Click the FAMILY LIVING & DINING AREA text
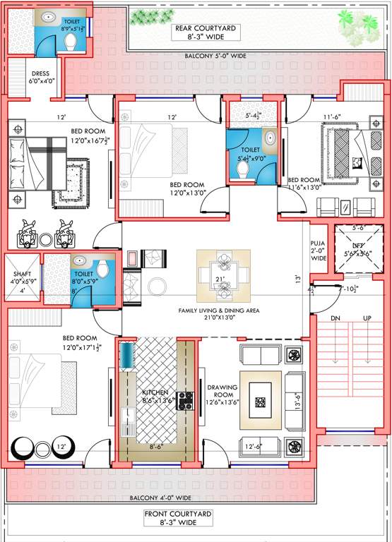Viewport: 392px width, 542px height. [219, 313]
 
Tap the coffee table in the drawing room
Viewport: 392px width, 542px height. [261, 401]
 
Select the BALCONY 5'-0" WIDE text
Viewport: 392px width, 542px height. [215, 56]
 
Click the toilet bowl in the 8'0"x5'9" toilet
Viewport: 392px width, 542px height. [103, 267]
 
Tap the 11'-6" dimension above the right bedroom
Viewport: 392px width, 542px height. [332, 117]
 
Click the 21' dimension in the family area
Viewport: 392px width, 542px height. [220, 280]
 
